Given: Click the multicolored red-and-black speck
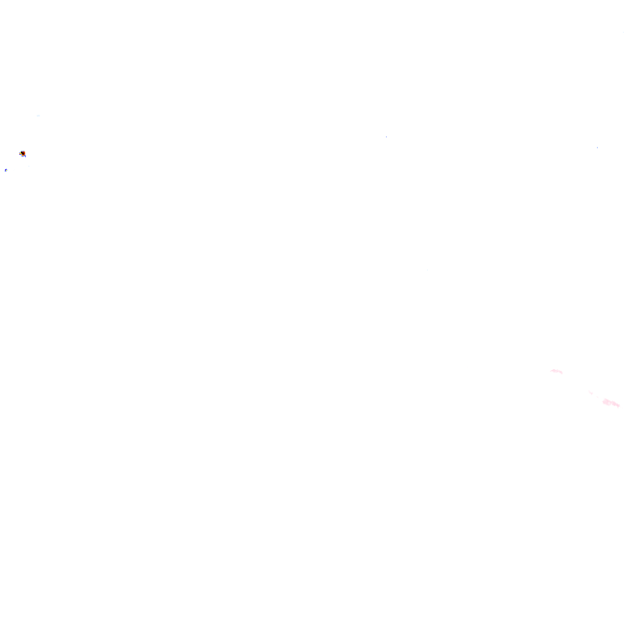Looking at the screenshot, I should point(23,153).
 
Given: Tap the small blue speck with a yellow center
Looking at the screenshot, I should point(6,170).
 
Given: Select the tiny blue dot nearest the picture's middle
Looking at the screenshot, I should point(386,136).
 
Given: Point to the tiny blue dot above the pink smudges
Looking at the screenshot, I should point(597,148).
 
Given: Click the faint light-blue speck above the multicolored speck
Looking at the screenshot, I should point(38,116).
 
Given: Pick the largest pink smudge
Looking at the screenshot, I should point(611,403).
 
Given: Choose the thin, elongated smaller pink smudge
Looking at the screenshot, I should point(557,371).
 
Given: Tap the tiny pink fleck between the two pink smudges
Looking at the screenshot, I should point(591,393).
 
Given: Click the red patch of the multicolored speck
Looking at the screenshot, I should point(24,153).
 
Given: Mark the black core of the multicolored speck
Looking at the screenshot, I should point(23,152).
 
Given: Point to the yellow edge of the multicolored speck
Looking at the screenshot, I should point(20,153).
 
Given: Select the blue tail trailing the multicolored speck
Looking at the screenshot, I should point(25,157).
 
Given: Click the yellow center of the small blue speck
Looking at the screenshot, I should point(6,170).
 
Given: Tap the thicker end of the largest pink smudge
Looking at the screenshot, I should point(605,402).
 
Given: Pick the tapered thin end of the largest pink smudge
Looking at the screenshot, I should point(619,406).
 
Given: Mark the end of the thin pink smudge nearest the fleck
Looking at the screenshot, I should point(562,373).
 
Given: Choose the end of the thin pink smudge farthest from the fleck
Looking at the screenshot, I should point(552,370).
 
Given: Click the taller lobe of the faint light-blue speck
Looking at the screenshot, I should point(39,116).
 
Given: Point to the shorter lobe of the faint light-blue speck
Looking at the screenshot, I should point(37,116).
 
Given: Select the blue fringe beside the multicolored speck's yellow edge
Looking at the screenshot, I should point(19,154).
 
